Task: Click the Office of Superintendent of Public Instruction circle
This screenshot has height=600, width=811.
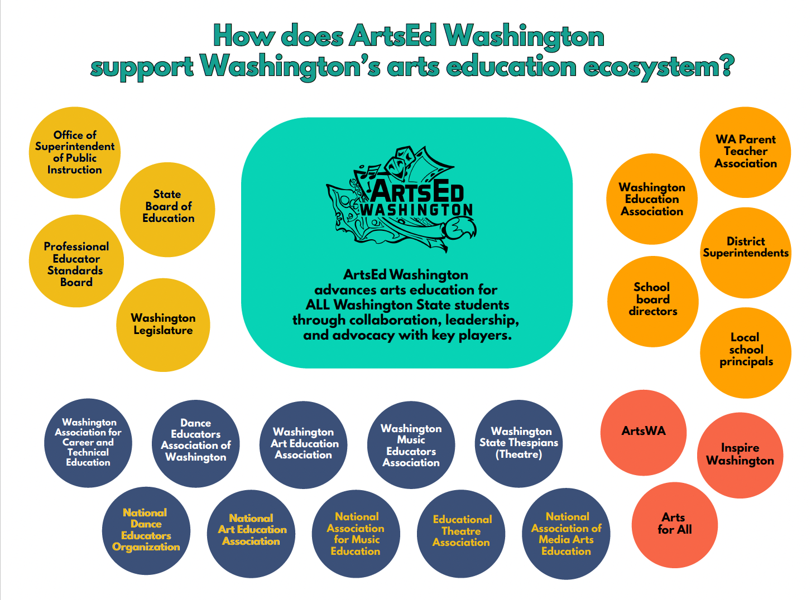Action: point(75,152)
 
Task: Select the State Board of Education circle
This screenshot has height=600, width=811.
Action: point(167,210)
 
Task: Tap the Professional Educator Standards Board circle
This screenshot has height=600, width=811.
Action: point(76,261)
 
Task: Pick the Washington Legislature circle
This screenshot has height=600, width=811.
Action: point(163,325)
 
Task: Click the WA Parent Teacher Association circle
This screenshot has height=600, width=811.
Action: point(745,152)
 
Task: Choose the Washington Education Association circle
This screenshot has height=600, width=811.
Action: point(652,199)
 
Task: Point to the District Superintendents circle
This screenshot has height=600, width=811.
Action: point(746,253)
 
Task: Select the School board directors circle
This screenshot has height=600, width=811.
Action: point(653,302)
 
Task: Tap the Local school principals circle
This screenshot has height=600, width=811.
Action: point(746,353)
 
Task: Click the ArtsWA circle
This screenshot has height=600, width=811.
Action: point(644,433)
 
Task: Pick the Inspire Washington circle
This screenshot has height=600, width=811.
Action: point(740,456)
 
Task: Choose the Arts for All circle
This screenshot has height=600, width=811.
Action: point(675,525)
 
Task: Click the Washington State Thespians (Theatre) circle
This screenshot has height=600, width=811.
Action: point(519,444)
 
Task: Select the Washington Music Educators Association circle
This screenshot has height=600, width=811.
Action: point(411,445)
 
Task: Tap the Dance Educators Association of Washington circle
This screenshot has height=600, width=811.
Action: point(195,444)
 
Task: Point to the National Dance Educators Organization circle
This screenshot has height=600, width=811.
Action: point(146,531)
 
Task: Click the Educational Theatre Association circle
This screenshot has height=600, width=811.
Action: point(461,534)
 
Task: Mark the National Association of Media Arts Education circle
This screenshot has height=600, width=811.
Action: point(566,534)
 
